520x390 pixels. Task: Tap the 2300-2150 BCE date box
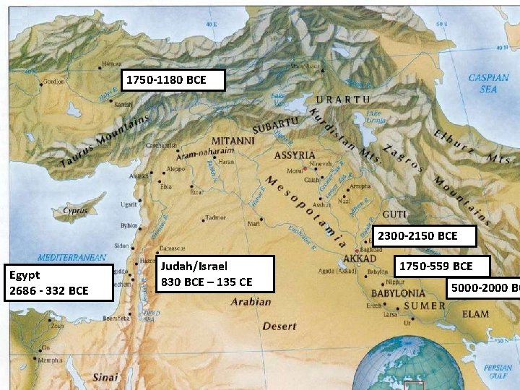pos(427,236)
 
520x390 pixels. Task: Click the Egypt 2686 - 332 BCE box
pos(58,282)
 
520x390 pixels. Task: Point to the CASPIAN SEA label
pos(488,83)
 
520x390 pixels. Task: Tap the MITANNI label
pos(233,141)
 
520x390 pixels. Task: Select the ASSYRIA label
pos(295,155)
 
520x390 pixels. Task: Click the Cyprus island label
pos(75,211)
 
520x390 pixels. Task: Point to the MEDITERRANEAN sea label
pos(71,257)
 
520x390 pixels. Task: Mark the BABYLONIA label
pos(398,294)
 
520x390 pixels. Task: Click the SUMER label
pos(425,305)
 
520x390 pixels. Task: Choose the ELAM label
pos(475,314)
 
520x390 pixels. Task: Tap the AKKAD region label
pos(359,258)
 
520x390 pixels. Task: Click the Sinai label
pos(105,377)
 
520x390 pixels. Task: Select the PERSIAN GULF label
pos(498,371)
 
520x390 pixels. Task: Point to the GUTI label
pos(394,214)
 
